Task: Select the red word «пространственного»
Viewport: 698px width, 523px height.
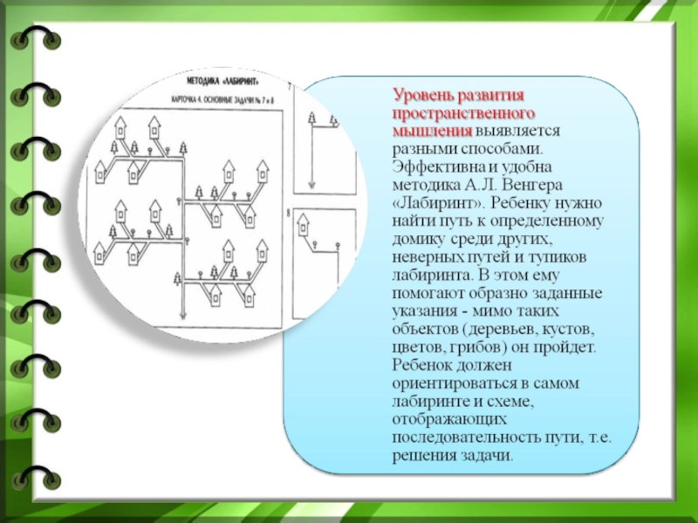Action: pos(462,112)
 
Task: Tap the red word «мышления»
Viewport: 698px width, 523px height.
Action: pos(433,130)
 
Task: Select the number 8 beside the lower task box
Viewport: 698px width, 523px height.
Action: pos(288,212)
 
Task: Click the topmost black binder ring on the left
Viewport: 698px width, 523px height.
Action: pos(39,39)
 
